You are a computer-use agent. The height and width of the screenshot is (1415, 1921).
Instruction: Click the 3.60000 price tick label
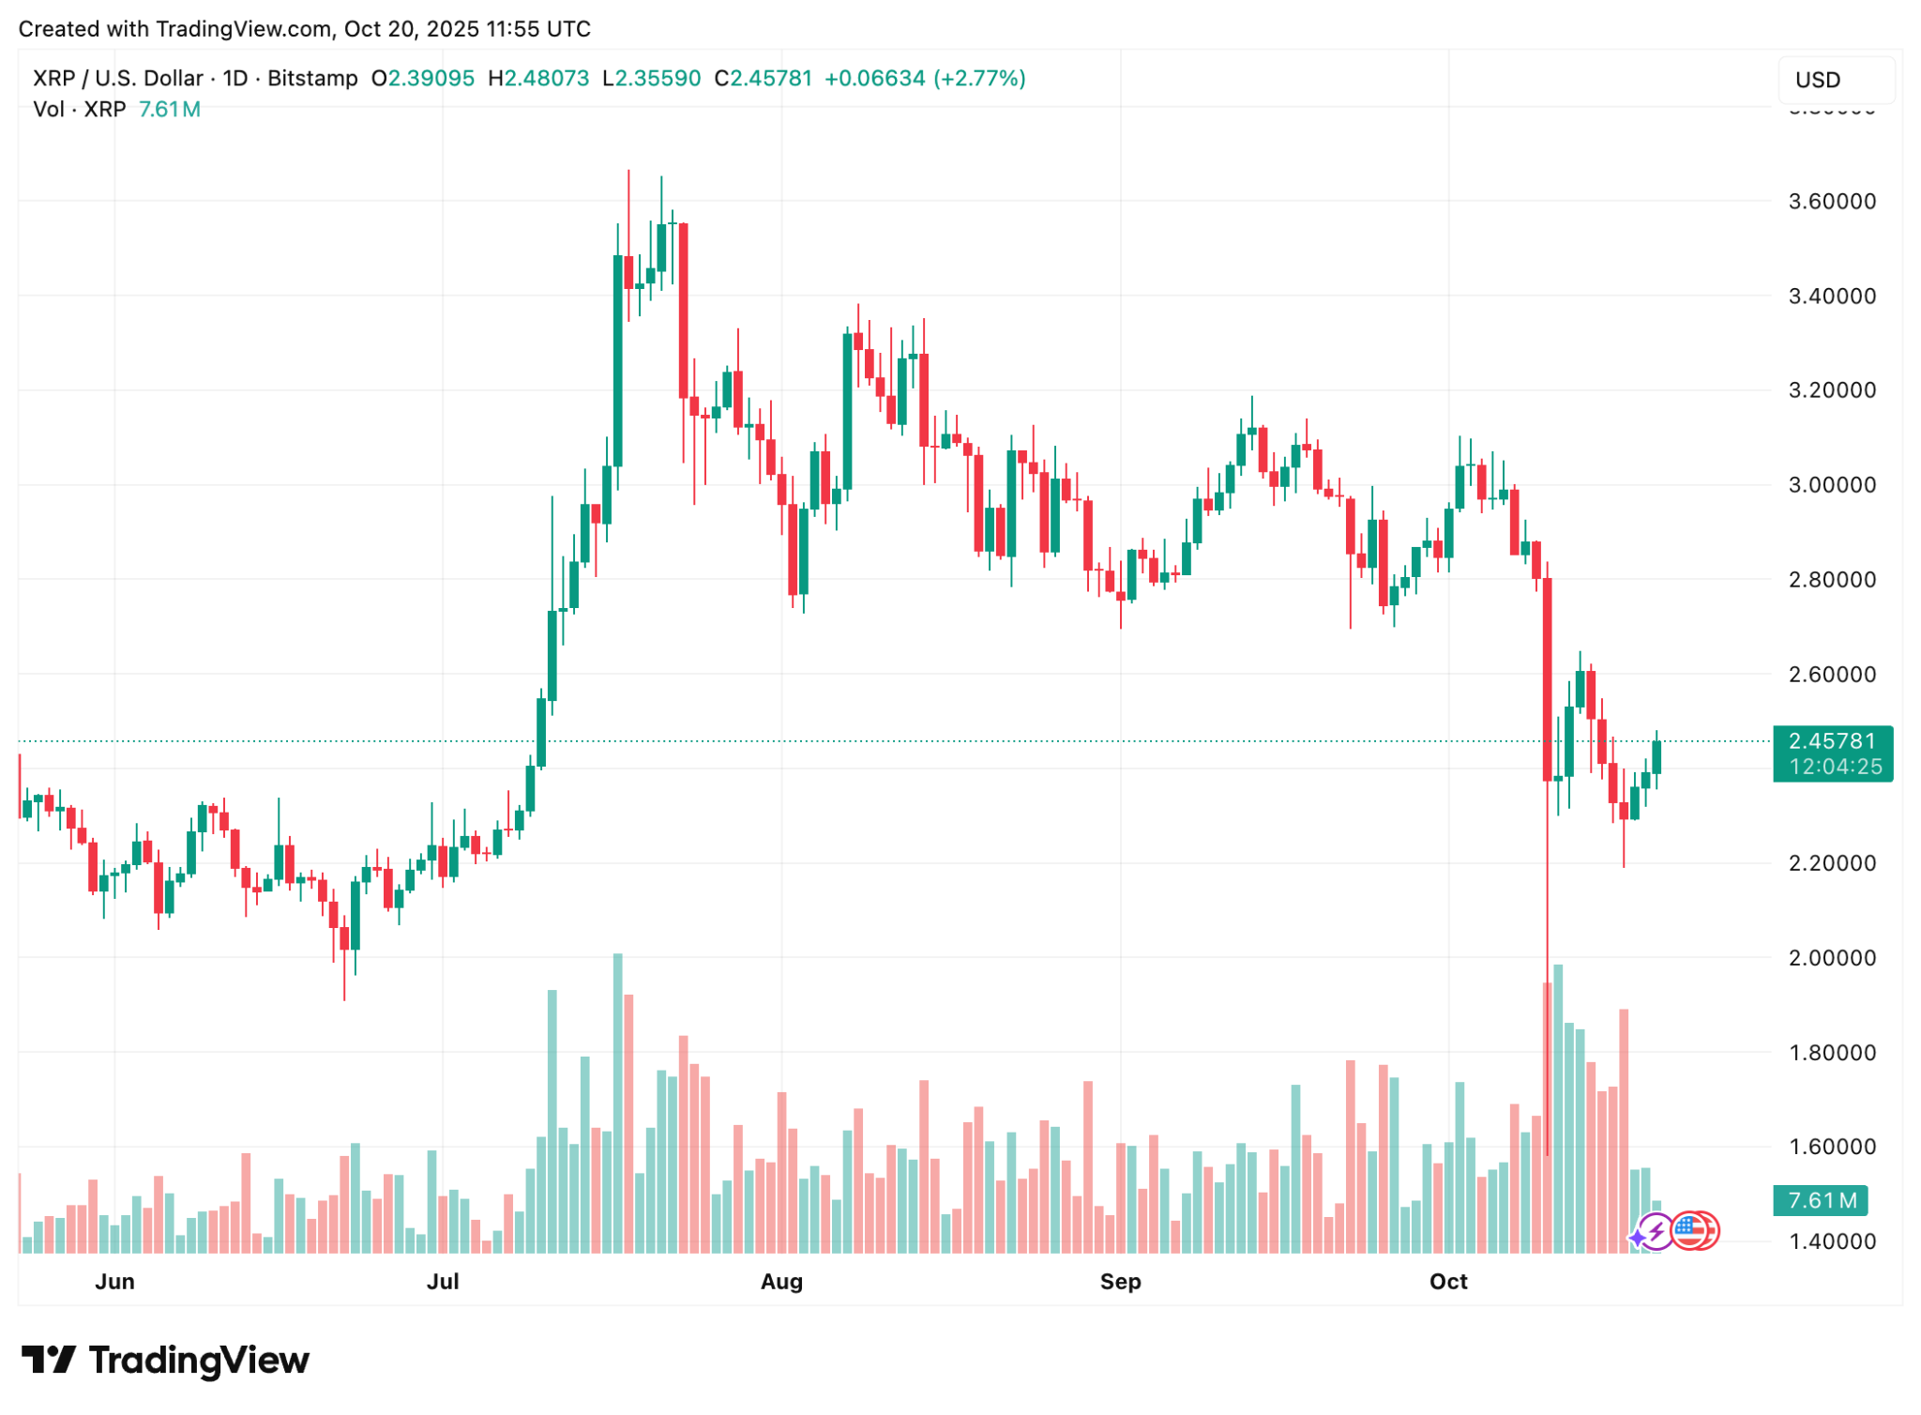(1832, 201)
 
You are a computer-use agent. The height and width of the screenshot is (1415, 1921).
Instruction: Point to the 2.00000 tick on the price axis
(1832, 957)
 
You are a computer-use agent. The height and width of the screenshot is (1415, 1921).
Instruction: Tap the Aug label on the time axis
(781, 1281)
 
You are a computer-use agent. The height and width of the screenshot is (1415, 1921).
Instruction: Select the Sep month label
(1120, 1281)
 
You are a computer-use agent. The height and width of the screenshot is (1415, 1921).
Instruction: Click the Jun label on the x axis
(114, 1281)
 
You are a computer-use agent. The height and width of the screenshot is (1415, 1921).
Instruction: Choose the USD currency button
(1835, 80)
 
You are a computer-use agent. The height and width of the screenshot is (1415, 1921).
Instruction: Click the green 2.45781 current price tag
(1832, 742)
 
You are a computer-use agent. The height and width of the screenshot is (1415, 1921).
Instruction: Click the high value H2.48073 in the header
(538, 78)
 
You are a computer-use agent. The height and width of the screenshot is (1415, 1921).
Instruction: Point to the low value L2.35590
(651, 78)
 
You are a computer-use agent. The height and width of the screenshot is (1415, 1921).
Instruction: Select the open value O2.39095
(422, 78)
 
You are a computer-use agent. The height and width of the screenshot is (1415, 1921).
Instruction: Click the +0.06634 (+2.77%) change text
(925, 78)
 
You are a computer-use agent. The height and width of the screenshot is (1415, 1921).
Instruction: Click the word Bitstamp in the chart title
(312, 78)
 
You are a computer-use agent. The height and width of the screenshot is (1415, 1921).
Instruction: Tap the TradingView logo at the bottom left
(166, 1360)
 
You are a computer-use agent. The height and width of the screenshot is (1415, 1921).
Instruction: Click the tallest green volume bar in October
(1558, 1107)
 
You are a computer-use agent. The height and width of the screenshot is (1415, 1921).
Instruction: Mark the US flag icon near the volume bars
(1690, 1230)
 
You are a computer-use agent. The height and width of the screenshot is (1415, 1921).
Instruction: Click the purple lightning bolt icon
(1656, 1231)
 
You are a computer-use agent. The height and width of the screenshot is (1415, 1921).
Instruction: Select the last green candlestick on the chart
(1656, 758)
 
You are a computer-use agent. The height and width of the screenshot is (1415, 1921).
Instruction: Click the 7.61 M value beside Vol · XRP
(169, 109)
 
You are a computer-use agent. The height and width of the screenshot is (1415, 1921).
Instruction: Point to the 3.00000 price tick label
(1832, 484)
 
